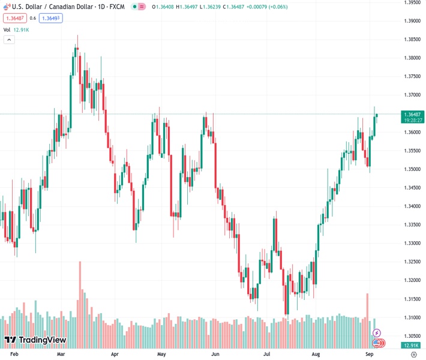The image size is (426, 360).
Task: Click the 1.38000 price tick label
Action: click(x=412, y=58)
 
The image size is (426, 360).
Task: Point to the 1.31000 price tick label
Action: click(x=412, y=317)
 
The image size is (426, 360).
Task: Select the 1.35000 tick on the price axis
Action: click(x=412, y=169)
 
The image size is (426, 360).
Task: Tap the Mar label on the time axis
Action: click(x=61, y=355)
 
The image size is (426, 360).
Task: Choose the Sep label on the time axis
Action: click(x=370, y=355)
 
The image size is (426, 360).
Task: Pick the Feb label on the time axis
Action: click(x=15, y=355)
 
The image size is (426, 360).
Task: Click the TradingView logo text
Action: click(x=42, y=340)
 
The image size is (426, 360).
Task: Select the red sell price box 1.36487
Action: click(x=14, y=18)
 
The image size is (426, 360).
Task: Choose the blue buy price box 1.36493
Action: click(x=51, y=18)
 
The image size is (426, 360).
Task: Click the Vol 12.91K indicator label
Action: click(x=16, y=29)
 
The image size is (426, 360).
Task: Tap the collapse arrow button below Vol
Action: click(x=9, y=40)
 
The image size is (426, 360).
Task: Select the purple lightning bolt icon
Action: click(x=377, y=333)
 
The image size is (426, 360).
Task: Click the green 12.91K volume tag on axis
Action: click(x=412, y=346)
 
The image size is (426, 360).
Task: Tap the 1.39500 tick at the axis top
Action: click(x=412, y=2)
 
